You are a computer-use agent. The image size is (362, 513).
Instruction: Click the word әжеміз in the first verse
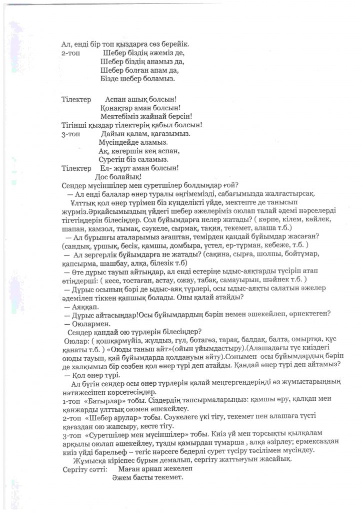(148, 53)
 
